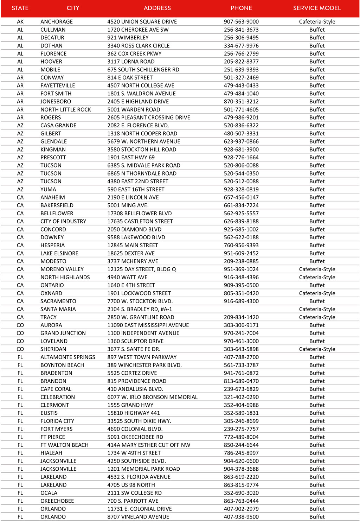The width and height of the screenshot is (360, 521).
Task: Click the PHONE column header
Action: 241,8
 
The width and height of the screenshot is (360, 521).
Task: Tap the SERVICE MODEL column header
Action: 317,8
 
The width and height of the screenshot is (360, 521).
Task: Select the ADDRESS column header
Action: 157,8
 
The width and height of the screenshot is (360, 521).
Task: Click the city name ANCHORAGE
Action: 57,22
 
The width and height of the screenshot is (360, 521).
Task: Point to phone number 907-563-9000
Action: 241,22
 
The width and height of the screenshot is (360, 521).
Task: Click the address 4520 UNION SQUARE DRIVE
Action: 142,22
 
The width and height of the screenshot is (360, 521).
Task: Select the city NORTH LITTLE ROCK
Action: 66,110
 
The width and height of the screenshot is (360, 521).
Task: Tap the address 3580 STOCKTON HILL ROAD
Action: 142,150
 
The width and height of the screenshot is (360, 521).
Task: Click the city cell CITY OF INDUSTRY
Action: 63,222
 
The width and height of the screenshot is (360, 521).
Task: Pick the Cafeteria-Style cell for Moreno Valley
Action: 317,269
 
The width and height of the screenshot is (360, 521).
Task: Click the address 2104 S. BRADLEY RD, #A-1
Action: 140,310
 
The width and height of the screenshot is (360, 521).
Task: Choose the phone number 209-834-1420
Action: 241,317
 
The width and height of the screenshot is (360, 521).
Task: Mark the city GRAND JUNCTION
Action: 63,333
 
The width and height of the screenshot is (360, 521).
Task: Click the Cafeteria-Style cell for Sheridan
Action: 317,349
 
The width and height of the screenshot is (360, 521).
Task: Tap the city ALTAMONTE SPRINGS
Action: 68,357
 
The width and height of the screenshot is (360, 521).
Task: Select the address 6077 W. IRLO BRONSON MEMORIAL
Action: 152,397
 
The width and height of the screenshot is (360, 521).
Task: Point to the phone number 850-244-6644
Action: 241,445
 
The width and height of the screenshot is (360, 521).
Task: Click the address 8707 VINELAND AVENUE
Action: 138,517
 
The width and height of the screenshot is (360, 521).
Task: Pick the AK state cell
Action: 20,22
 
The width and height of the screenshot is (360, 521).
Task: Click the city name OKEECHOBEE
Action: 57,501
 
